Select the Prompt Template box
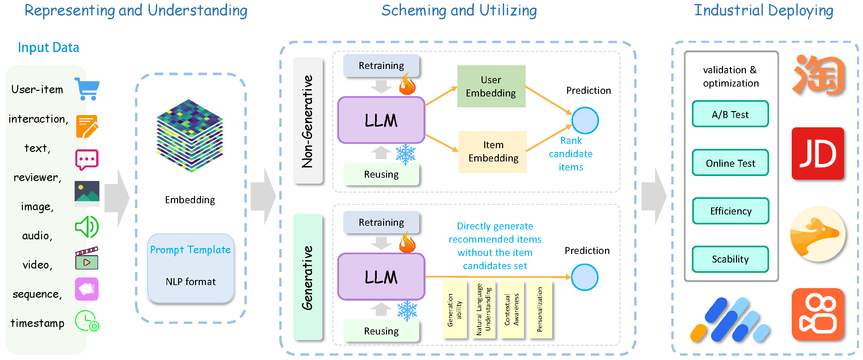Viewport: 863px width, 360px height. click(x=190, y=268)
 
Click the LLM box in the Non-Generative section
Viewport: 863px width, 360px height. click(x=381, y=120)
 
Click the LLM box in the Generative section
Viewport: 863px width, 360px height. click(x=381, y=276)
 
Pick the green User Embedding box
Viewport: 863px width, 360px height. click(x=491, y=87)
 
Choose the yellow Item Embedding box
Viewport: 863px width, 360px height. click(x=492, y=152)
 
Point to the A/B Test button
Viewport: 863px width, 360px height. click(x=730, y=114)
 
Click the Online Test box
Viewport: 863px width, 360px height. click(x=730, y=163)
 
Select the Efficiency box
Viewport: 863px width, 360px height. click(x=730, y=211)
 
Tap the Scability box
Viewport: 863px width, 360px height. click(x=730, y=259)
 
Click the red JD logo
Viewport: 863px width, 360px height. click(x=818, y=153)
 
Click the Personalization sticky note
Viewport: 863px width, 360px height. click(x=540, y=310)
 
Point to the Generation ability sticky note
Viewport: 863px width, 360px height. click(x=455, y=310)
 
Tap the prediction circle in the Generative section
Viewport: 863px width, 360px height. click(x=584, y=277)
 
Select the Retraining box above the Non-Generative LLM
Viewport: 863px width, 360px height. click(x=381, y=66)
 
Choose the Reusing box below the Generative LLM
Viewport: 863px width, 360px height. click(x=381, y=331)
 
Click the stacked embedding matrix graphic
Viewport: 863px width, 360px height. click(x=190, y=136)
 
